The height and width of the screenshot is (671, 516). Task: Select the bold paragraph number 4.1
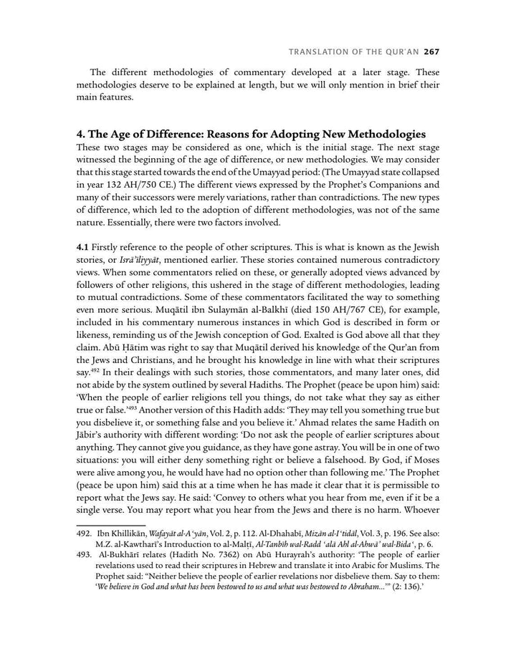click(84, 246)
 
